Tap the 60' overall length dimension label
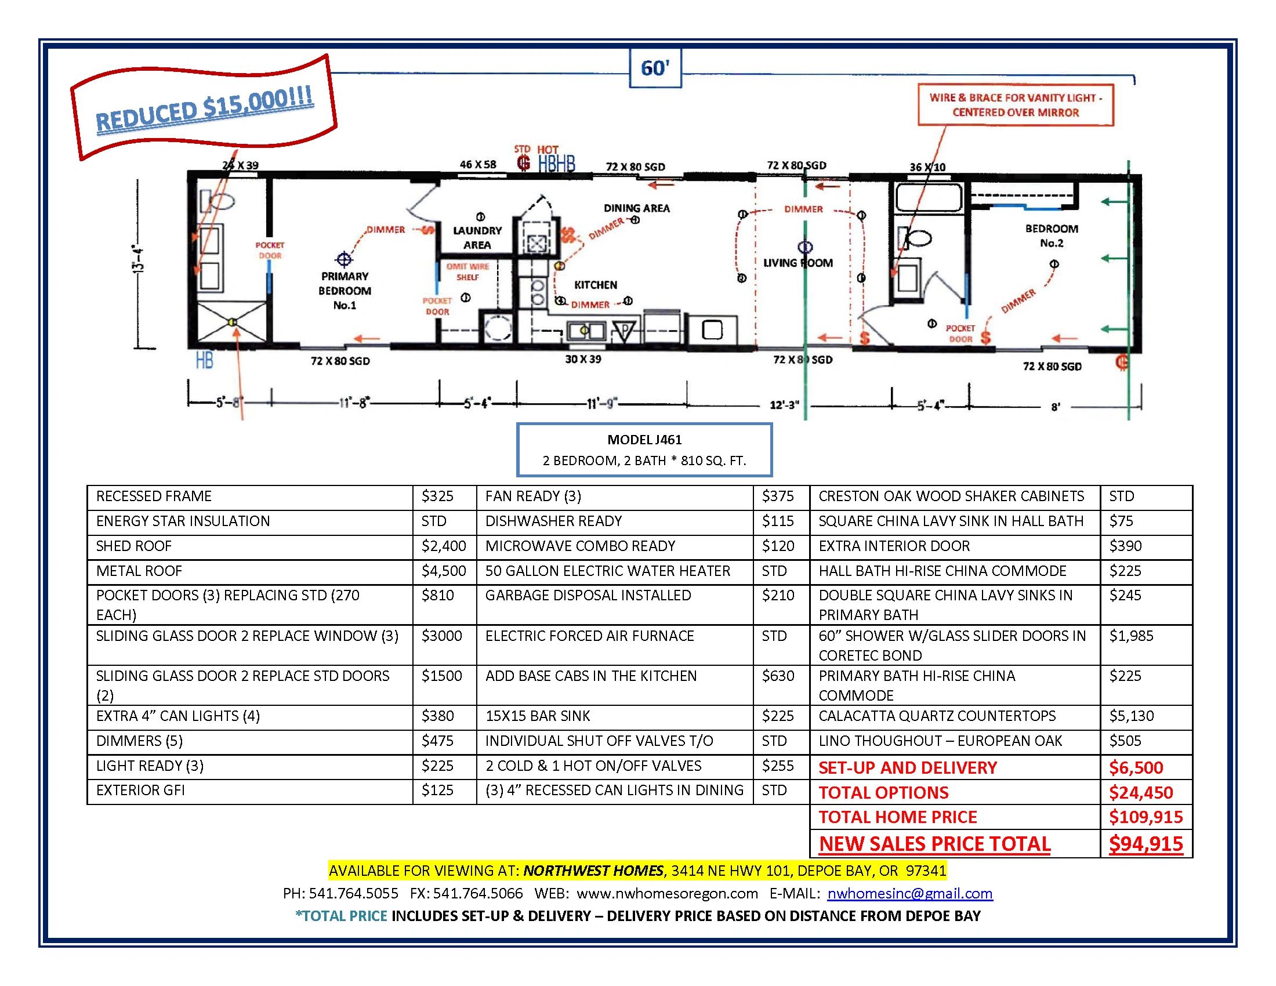(655, 68)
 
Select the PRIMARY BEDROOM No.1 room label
(345, 291)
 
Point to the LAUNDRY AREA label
(477, 238)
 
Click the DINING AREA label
(637, 208)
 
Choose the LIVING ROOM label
(798, 263)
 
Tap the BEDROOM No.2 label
(1052, 235)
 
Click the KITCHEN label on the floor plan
(595, 285)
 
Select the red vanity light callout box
(1016, 105)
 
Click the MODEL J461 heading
(644, 440)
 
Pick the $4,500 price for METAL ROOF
(444, 571)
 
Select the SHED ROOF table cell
(134, 546)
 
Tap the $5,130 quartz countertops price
(1132, 716)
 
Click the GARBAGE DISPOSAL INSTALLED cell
(588, 595)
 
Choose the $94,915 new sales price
(1145, 843)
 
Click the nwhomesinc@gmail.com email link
(910, 893)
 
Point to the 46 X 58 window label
(478, 165)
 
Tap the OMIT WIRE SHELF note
(467, 271)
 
